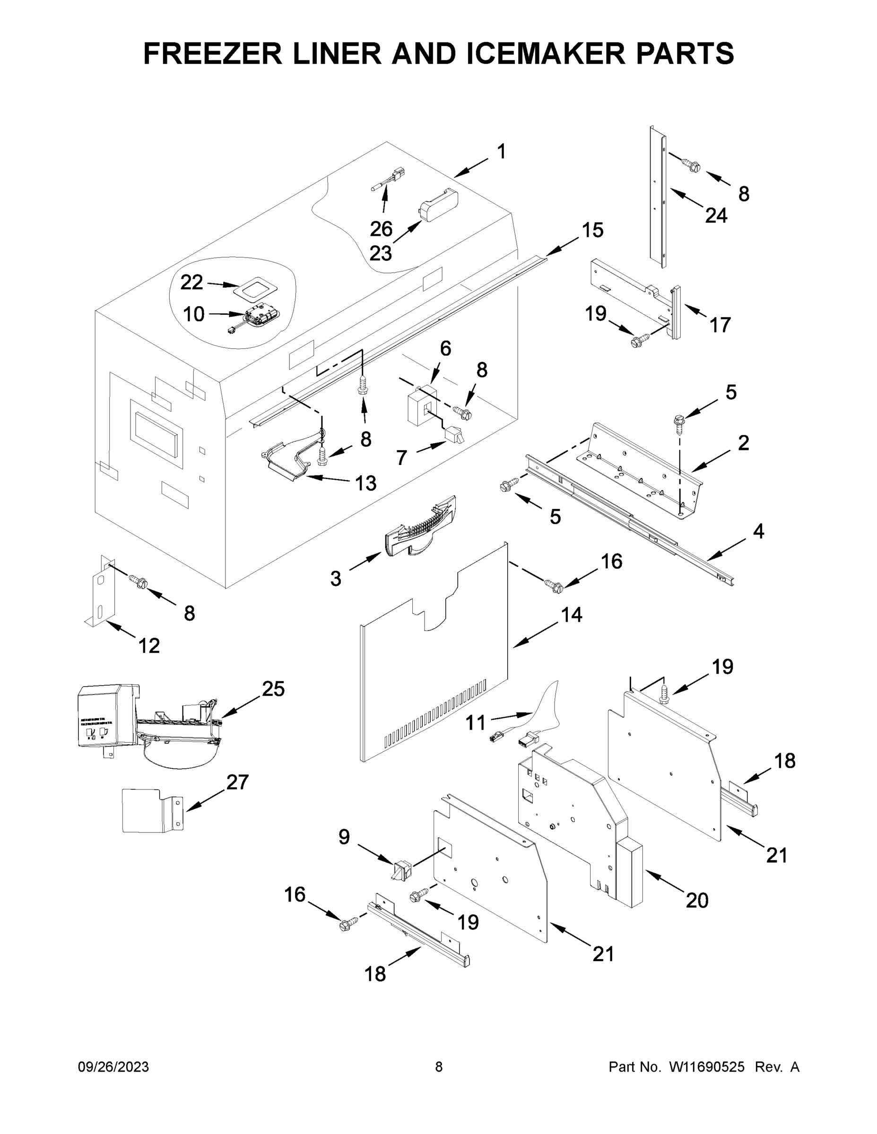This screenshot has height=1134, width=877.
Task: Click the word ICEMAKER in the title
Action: point(546,53)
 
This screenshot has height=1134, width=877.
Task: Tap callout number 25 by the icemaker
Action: point(273,688)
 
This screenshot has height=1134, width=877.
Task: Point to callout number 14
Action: point(572,615)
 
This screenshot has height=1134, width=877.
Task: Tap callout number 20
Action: point(697,900)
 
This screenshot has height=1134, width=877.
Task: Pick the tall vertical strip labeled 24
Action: point(657,198)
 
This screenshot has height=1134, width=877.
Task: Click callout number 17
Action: point(720,325)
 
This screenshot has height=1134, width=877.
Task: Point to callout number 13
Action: point(365,483)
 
